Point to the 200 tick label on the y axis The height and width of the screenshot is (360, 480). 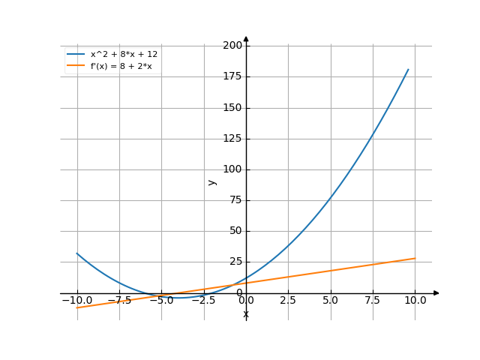click(x=233, y=46)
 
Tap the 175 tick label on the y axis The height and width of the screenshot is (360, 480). click(x=233, y=76)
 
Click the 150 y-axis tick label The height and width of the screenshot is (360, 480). click(x=233, y=107)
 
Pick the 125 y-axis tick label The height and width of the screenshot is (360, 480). click(x=233, y=138)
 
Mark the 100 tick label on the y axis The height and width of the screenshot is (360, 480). click(x=233, y=169)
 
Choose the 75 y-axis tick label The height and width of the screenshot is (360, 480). click(x=235, y=199)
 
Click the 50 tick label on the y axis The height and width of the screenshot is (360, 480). click(x=235, y=230)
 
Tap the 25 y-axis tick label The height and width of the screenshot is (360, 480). click(x=235, y=261)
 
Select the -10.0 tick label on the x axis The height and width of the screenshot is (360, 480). click(x=76, y=300)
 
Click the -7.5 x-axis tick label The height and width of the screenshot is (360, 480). click(x=119, y=300)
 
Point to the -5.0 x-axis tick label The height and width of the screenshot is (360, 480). click(x=161, y=300)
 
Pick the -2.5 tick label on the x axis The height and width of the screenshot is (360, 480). click(x=203, y=300)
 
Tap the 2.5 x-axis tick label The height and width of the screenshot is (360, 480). click(x=288, y=300)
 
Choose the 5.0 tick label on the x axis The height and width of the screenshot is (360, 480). click(x=331, y=300)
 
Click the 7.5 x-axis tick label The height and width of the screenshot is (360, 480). click(x=373, y=300)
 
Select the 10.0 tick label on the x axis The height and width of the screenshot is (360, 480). click(x=415, y=300)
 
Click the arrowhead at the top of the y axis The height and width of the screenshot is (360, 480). click(x=246, y=38)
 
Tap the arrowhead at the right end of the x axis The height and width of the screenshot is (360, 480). click(x=436, y=292)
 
